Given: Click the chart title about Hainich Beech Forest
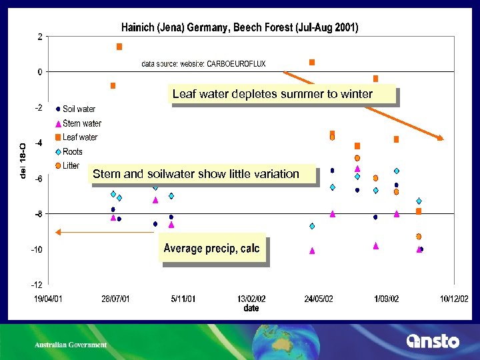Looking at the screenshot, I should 239,28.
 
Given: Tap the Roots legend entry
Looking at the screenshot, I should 72,151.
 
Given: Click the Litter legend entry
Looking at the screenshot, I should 70,165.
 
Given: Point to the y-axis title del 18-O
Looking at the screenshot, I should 23,161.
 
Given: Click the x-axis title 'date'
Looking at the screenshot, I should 251,309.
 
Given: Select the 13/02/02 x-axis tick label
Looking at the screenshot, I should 251,299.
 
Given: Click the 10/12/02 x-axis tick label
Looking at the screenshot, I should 453,299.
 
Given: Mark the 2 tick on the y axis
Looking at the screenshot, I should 40,37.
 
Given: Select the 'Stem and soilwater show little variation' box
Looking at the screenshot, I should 196,174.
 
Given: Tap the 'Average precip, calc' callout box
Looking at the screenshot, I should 211,248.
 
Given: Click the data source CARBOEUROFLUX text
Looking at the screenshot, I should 203,64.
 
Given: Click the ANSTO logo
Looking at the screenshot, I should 433,341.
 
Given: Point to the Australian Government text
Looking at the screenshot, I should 71,345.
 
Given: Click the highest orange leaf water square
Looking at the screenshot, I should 119,47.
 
